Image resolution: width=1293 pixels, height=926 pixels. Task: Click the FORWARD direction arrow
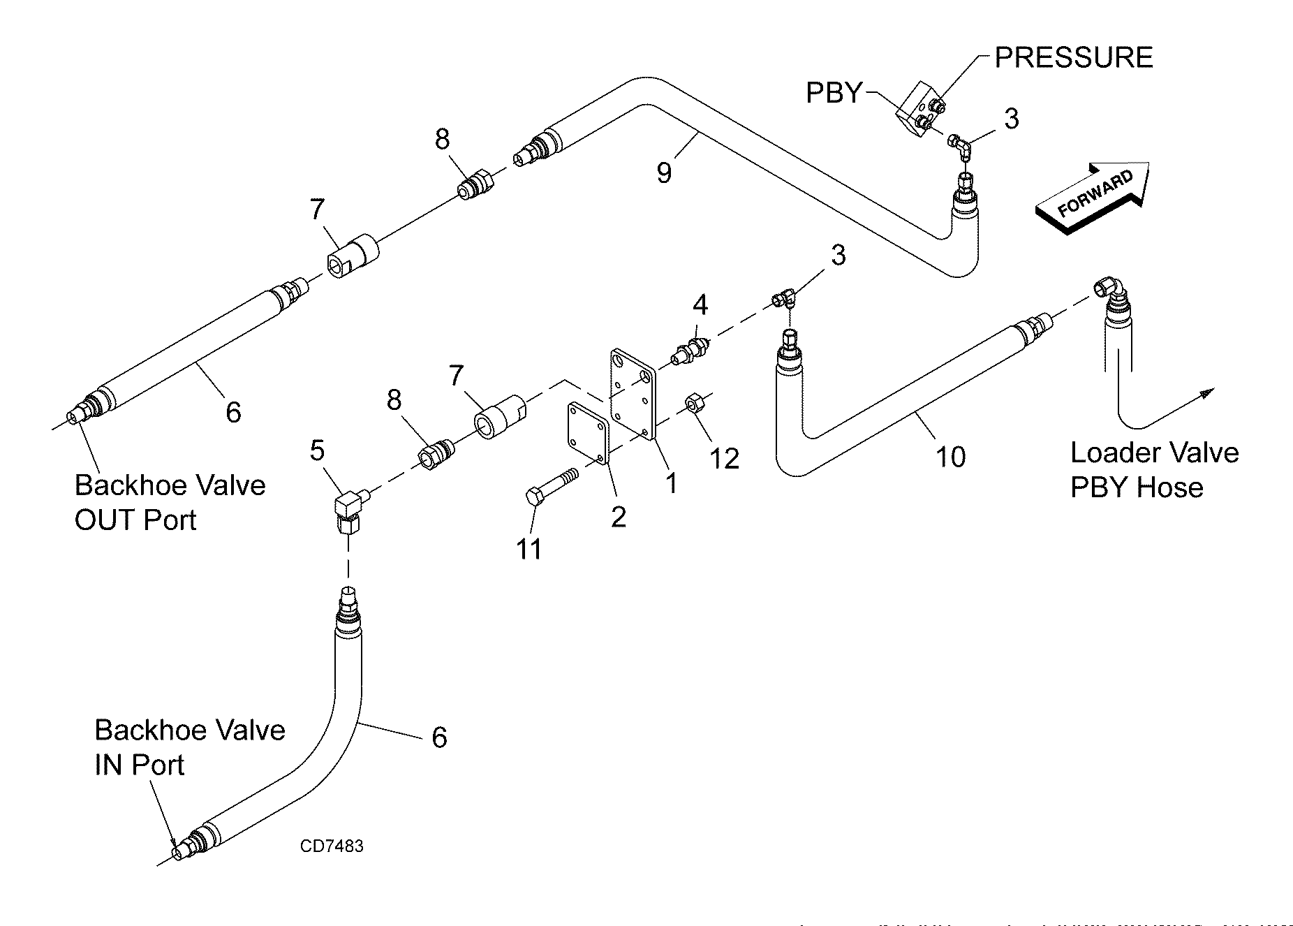tap(1093, 197)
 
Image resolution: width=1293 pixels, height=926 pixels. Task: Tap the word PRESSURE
tap(1073, 57)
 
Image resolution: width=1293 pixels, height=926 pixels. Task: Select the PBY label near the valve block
tap(834, 93)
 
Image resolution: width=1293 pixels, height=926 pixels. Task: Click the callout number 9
tap(664, 172)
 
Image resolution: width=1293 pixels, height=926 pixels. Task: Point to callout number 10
tap(950, 457)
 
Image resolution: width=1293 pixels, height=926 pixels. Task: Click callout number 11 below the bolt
tap(529, 549)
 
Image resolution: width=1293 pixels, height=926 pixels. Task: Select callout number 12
tap(724, 458)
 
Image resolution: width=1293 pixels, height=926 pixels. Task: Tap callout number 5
tap(317, 450)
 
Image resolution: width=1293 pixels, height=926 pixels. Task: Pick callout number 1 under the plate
tap(671, 483)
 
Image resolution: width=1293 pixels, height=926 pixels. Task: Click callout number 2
tap(618, 517)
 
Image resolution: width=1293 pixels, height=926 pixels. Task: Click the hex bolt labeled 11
tap(552, 487)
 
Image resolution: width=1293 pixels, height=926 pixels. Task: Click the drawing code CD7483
tap(332, 846)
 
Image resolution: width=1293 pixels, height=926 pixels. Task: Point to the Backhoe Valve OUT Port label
tap(170, 502)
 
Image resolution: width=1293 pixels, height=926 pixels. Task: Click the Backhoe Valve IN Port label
tap(189, 747)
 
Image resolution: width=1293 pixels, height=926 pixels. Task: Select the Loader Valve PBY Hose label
tap(1154, 469)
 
